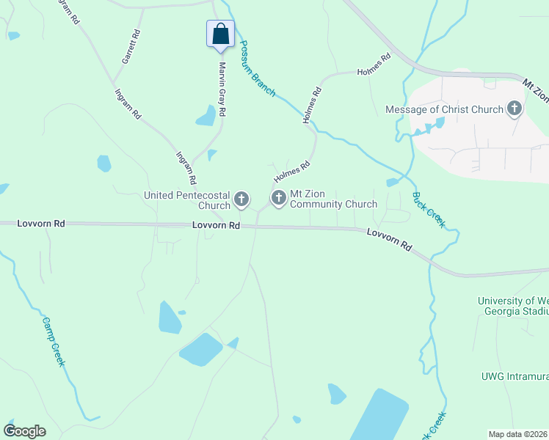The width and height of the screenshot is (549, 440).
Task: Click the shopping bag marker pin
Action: pos(220,34)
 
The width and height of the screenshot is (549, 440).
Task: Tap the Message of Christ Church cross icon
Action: pos(515,109)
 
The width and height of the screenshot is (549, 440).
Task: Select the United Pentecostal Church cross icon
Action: pos(241,199)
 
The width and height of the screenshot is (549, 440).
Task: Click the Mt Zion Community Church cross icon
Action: pos(279,198)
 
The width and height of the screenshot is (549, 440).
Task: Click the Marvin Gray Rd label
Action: pos(222,86)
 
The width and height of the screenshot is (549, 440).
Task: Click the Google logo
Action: pos(24,430)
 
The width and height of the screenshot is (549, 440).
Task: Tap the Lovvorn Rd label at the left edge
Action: pos(41,223)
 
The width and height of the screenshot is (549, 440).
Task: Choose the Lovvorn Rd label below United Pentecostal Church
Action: pos(217,226)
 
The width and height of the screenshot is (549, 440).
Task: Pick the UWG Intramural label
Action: pos(515,376)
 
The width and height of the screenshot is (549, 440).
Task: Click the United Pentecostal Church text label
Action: pos(187,200)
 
